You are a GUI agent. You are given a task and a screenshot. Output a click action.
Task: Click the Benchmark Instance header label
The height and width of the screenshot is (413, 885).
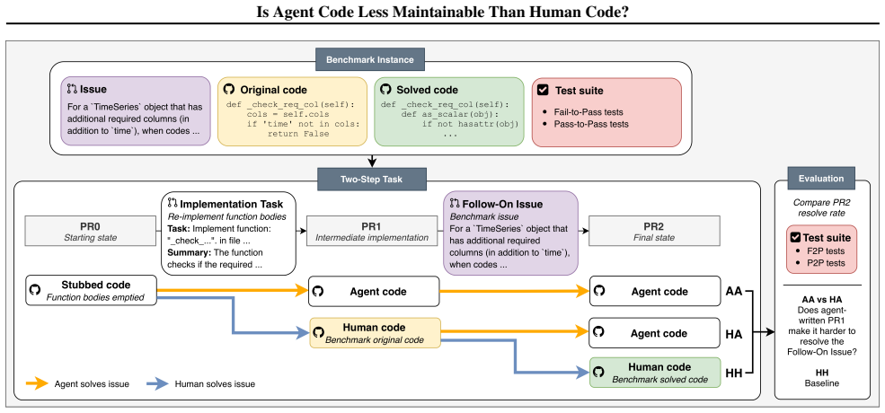click(x=369, y=59)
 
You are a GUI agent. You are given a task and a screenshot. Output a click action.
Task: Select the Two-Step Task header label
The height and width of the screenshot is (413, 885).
click(x=371, y=179)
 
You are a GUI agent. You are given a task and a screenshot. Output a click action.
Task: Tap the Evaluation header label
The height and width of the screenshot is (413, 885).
click(x=821, y=179)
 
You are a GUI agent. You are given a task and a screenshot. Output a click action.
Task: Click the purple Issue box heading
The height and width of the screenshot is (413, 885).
click(x=93, y=90)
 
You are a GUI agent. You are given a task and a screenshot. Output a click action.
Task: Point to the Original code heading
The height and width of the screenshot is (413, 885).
click(x=274, y=90)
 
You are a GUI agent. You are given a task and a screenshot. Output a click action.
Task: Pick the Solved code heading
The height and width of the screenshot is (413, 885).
click(x=428, y=90)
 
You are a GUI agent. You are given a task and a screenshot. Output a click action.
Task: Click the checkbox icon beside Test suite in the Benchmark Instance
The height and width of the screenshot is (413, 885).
click(x=542, y=90)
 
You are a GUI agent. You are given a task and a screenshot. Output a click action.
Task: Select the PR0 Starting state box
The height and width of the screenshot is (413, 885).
click(x=90, y=232)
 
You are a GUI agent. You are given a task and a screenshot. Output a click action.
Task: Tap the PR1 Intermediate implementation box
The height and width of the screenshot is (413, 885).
click(x=373, y=232)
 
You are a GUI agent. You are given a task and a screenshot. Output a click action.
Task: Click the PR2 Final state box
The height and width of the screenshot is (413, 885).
click(x=654, y=232)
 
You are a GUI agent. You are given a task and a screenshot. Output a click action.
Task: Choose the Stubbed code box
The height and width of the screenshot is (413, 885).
click(x=91, y=291)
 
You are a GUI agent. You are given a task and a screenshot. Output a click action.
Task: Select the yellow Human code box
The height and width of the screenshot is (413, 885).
click(x=374, y=332)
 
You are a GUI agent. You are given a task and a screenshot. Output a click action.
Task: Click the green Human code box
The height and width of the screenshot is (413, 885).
click(x=655, y=373)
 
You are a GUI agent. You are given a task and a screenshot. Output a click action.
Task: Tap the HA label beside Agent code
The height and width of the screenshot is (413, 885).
click(x=733, y=334)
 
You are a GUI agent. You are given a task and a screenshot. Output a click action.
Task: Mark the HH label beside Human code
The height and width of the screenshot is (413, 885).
click(x=733, y=373)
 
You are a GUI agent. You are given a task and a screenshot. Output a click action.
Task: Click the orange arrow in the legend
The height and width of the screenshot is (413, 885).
click(x=38, y=383)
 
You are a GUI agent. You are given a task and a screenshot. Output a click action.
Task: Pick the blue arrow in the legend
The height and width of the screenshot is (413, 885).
click(x=157, y=383)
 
